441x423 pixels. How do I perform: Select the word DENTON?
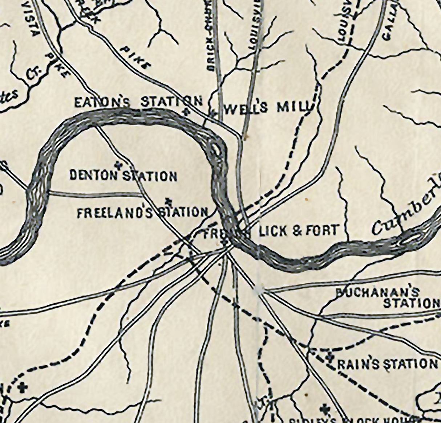click(x=94, y=176)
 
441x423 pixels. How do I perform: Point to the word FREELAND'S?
click(x=115, y=213)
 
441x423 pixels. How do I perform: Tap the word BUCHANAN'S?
click(x=378, y=292)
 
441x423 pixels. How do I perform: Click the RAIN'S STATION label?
click(x=387, y=364)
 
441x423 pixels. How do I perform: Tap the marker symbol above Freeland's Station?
click(x=168, y=200)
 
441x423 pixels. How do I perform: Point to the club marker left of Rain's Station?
click(x=329, y=357)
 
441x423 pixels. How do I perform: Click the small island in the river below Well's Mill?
click(x=217, y=149)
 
